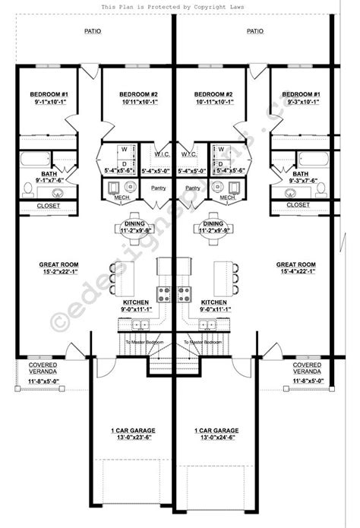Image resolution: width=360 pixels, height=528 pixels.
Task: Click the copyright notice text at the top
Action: (x=179, y=7)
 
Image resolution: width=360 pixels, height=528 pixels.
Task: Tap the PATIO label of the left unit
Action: (x=92, y=32)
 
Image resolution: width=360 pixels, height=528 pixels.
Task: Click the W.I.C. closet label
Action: (x=163, y=153)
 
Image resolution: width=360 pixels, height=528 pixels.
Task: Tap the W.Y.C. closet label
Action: (x=189, y=153)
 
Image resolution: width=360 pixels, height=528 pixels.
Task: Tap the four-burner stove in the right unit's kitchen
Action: (x=185, y=292)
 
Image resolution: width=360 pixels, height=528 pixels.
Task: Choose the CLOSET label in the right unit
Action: (x=298, y=205)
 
